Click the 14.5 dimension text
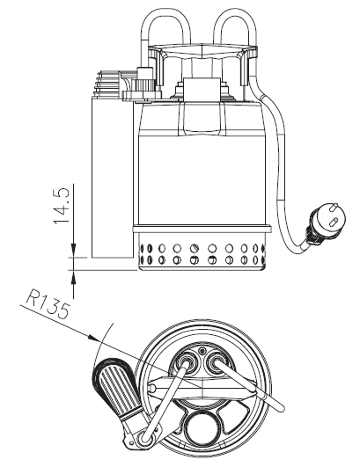coord(62,206)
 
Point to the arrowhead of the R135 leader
coord(93,338)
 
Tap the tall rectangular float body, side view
coord(112,178)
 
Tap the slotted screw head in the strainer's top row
coord(194,248)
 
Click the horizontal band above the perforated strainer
coord(202,229)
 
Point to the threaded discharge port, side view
coord(108,84)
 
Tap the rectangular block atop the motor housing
coord(202,89)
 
